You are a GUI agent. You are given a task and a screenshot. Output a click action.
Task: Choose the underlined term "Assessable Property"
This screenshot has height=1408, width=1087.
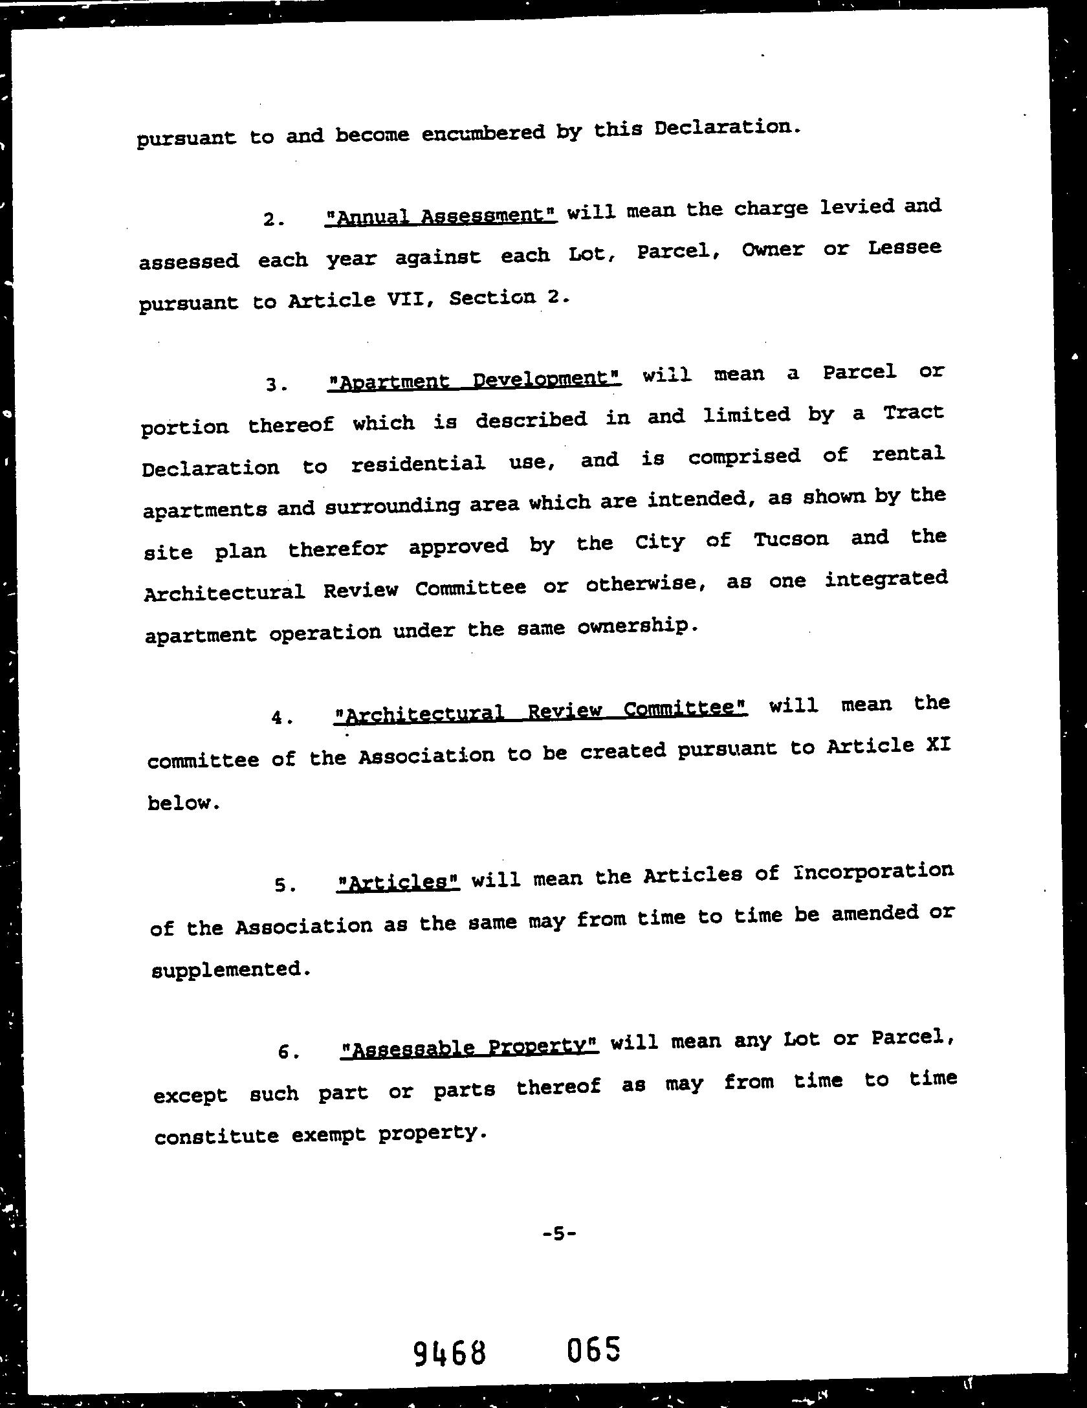coord(470,1047)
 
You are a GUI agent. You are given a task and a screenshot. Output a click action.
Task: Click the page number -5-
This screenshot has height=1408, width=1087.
coord(559,1233)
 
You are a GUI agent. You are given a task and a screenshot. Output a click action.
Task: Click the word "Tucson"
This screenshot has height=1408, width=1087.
coord(791,540)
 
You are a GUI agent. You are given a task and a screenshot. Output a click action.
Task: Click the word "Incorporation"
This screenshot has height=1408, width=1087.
coord(873,872)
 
